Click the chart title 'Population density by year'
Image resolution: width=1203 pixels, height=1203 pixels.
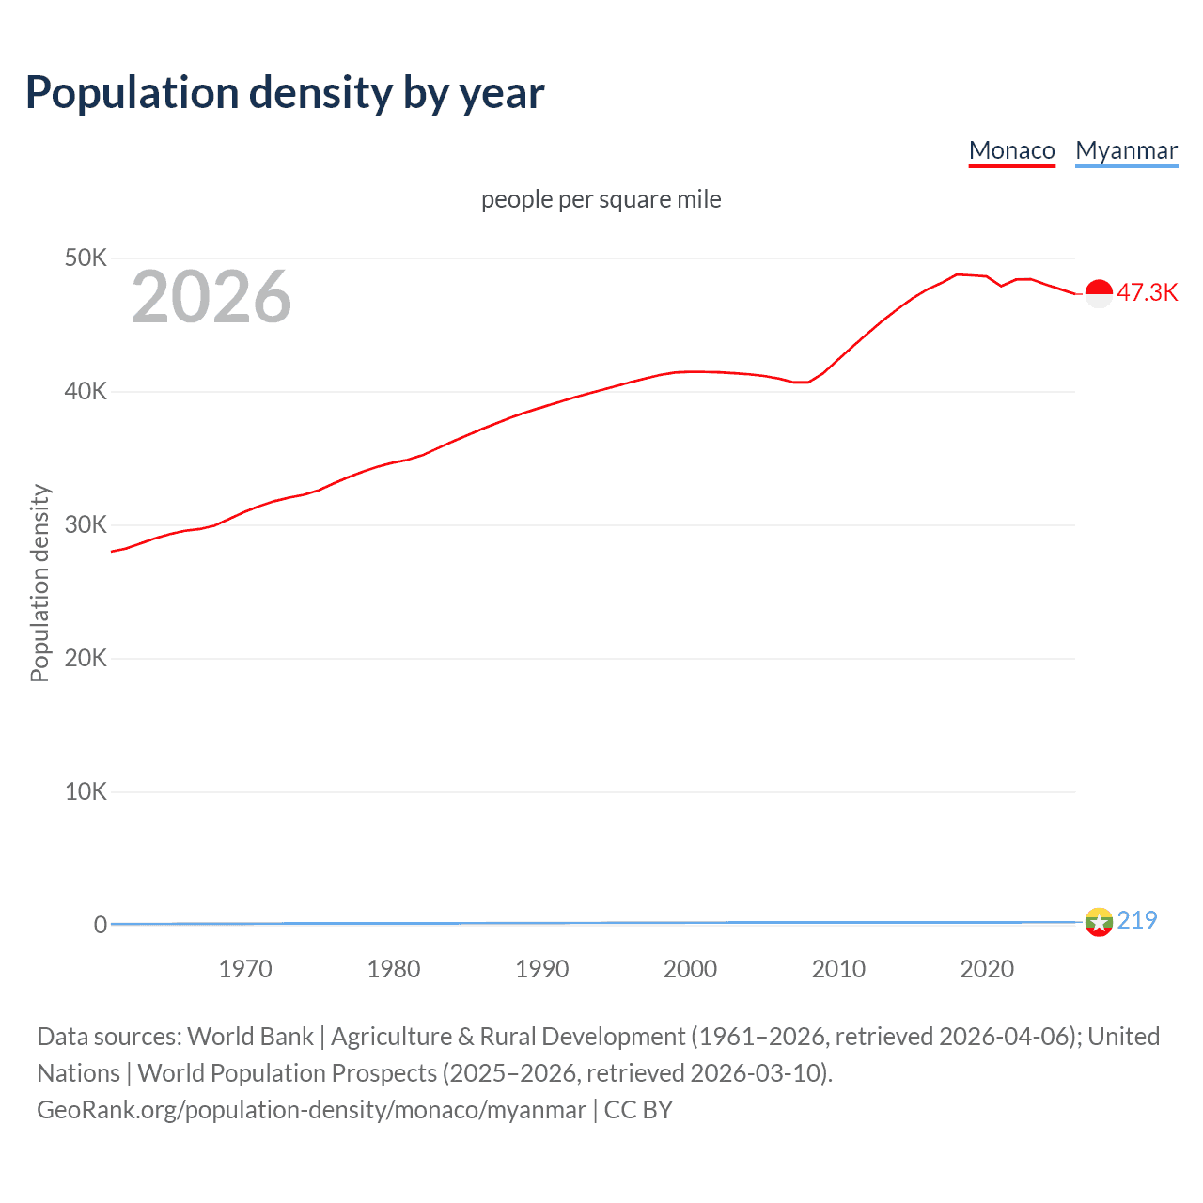(285, 93)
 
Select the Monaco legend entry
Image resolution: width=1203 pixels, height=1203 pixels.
(1011, 150)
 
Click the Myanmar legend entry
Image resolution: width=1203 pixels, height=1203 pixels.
(1126, 150)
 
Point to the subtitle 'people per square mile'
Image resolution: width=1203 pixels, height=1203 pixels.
(601, 199)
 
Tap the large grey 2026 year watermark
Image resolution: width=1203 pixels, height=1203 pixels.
(211, 297)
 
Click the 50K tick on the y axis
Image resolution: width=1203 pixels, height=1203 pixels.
(86, 258)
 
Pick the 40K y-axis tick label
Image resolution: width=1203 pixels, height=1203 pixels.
(86, 391)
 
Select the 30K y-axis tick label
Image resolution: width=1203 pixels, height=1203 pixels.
(86, 524)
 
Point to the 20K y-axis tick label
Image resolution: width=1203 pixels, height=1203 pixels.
(86, 658)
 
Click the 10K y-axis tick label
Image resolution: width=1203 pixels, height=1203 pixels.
(86, 791)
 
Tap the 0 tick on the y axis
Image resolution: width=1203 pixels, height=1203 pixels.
(100, 925)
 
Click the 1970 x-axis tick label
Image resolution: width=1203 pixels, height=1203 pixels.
(245, 969)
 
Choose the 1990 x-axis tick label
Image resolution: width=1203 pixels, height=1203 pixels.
(542, 969)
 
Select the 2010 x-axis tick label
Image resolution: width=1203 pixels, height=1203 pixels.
(838, 969)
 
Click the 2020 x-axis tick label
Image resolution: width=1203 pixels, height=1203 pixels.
(987, 969)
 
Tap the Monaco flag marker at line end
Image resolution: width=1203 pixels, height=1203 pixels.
(1099, 293)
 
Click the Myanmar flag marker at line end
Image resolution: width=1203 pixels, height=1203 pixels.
(1099, 922)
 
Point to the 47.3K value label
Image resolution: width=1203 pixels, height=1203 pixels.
(1147, 292)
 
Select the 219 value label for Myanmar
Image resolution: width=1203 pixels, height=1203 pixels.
(1136, 920)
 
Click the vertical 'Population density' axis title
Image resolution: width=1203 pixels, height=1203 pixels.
(39, 583)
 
